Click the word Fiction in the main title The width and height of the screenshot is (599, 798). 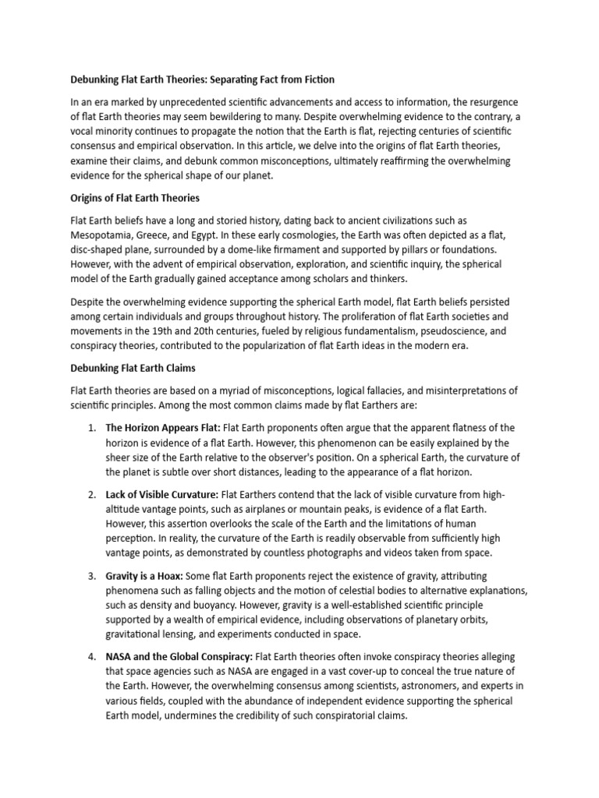313,80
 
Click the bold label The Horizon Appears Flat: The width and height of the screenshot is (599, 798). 163,428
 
